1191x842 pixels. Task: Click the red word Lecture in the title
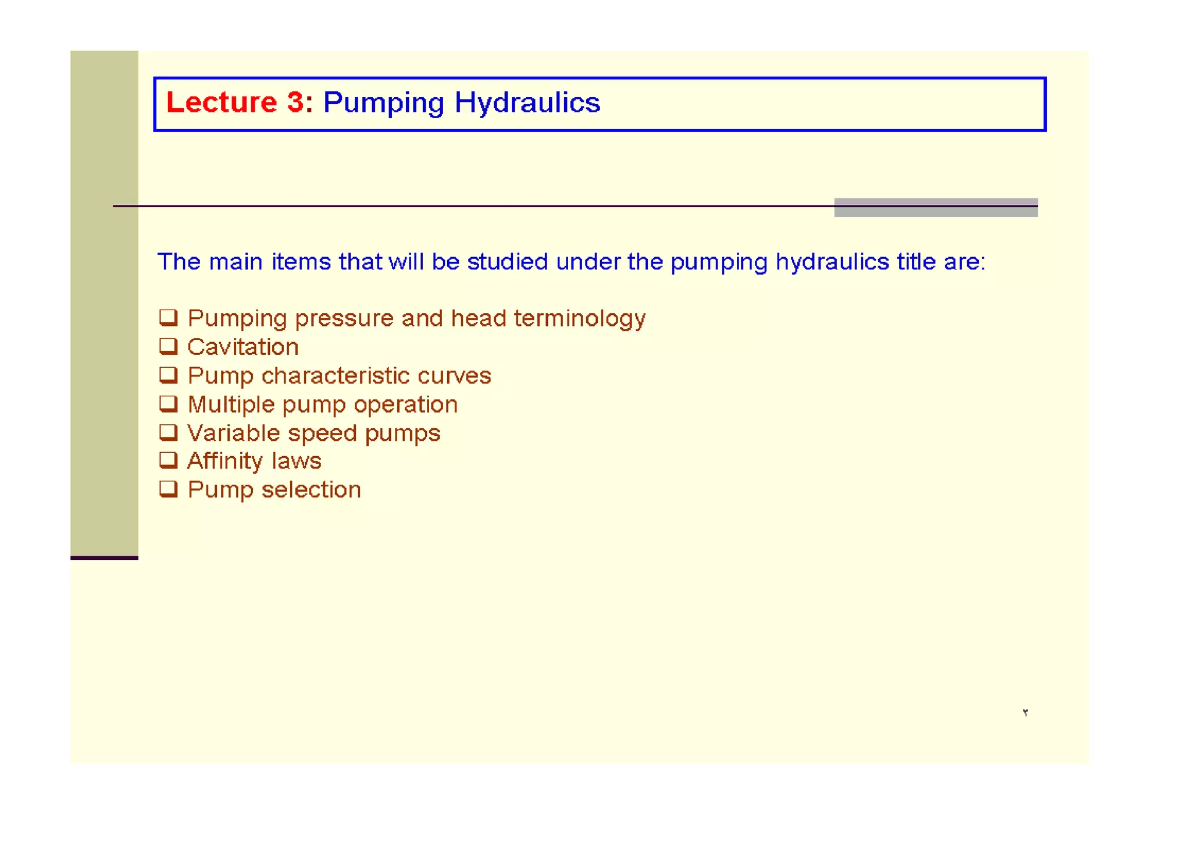click(221, 102)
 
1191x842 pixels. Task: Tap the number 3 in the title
click(295, 102)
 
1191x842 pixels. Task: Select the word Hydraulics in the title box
click(527, 103)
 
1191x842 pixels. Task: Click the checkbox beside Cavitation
click(169, 346)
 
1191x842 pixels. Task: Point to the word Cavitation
click(243, 347)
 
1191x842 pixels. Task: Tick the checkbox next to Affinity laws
click(169, 460)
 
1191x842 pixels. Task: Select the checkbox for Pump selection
click(169, 489)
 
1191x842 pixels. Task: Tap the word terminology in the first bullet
click(579, 319)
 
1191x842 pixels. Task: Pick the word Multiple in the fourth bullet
click(231, 405)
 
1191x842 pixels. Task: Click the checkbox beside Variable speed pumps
click(169, 432)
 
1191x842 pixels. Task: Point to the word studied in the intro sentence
click(507, 262)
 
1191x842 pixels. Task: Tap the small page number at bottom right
click(1025, 713)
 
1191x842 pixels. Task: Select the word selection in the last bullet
click(311, 490)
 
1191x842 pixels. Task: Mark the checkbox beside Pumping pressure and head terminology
click(169, 318)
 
